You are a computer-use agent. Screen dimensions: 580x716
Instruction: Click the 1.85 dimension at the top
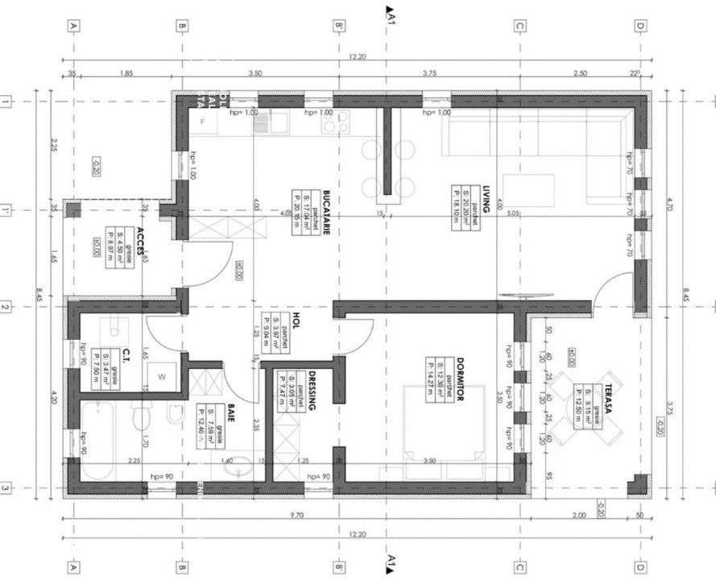[126, 73]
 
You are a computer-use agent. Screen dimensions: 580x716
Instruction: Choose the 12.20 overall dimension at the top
[357, 57]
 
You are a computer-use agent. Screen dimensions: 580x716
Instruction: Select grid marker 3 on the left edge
[6, 488]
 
